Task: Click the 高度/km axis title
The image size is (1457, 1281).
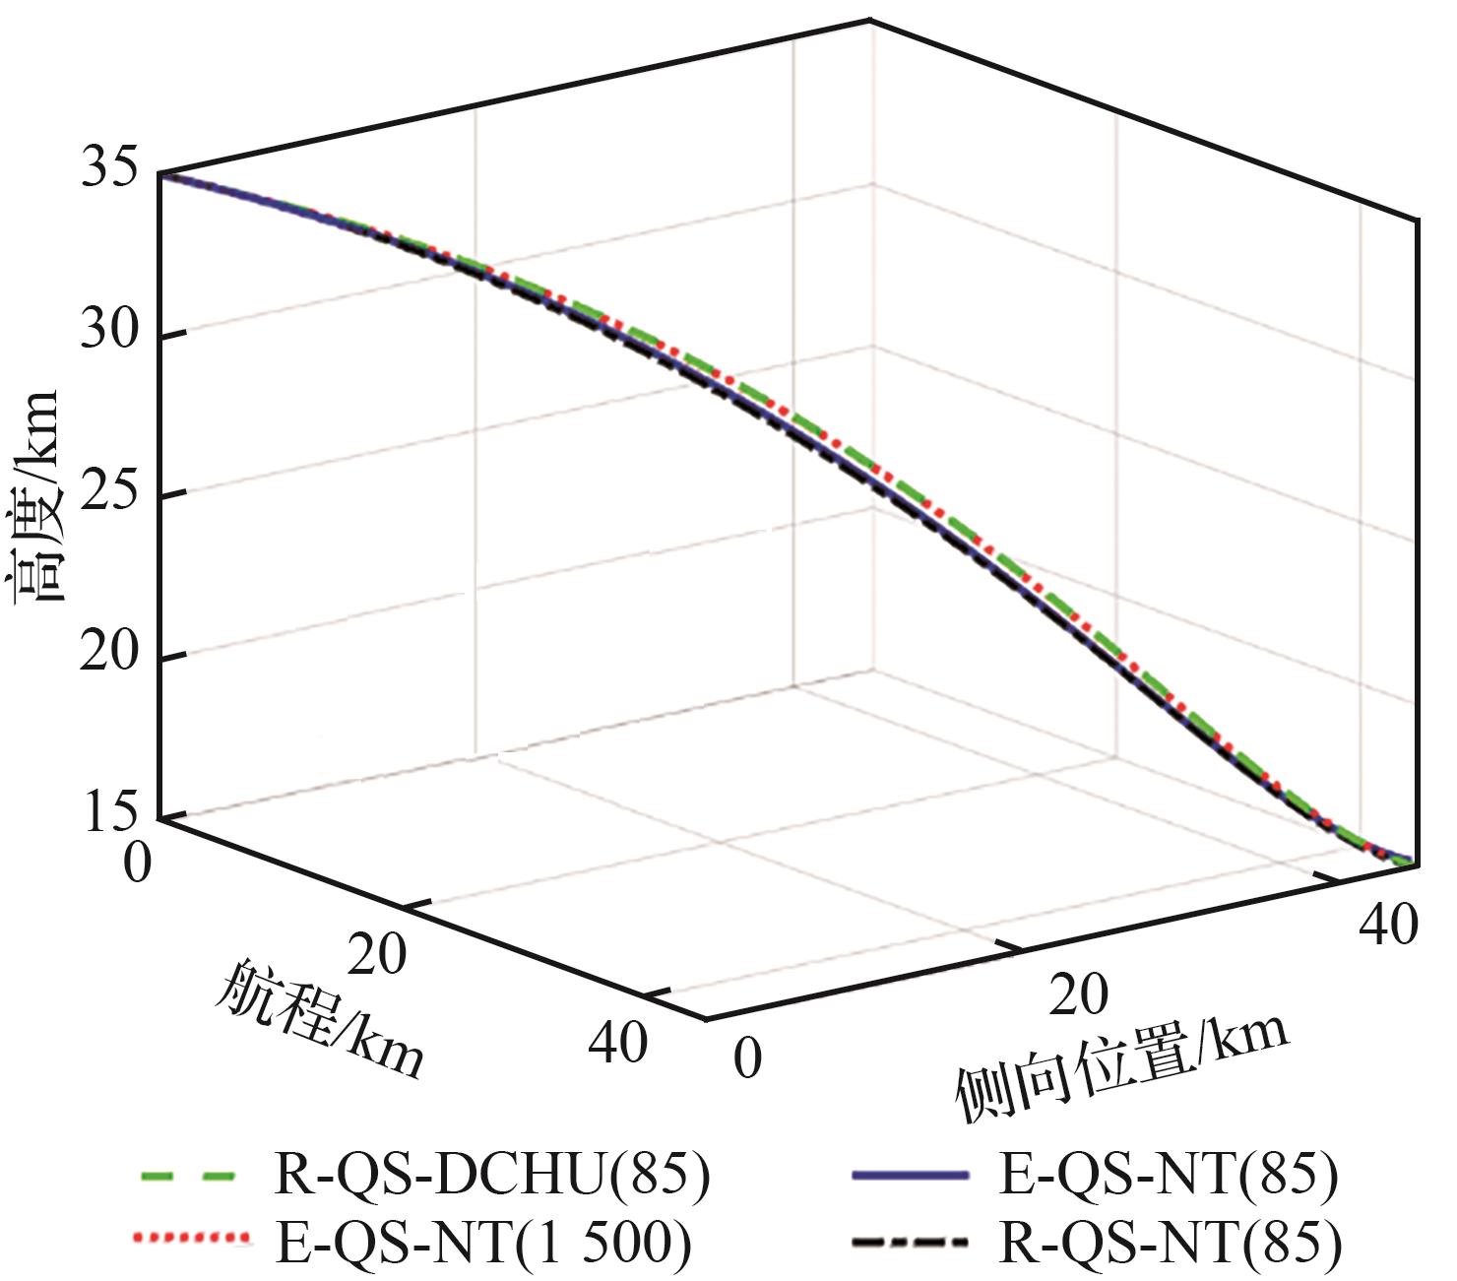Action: pyautogui.click(x=37, y=497)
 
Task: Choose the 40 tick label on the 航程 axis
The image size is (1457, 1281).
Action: pyautogui.click(x=618, y=1043)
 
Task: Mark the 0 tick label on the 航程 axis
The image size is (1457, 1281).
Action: pyautogui.click(x=139, y=864)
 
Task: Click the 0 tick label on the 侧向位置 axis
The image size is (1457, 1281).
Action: pyautogui.click(x=748, y=1058)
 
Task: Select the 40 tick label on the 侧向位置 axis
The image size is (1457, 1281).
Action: pyautogui.click(x=1388, y=926)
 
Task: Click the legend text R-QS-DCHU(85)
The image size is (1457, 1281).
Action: pyautogui.click(x=489, y=1176)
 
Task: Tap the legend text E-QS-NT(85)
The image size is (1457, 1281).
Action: pyautogui.click(x=1170, y=1176)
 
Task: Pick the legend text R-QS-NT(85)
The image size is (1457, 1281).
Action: pyautogui.click(x=1171, y=1243)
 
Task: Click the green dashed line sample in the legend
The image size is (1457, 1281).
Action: pyautogui.click(x=188, y=1176)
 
